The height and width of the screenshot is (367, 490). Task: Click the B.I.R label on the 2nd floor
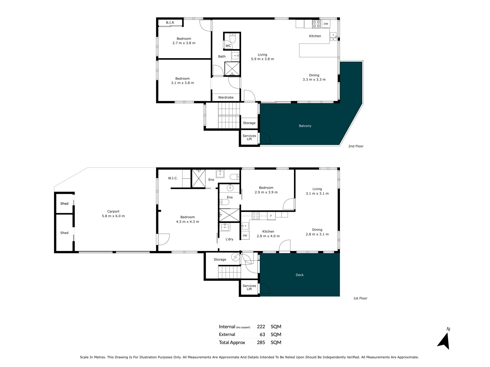click(170, 23)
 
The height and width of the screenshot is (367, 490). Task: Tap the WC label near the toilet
click(228, 46)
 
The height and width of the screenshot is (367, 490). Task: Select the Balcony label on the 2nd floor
click(305, 126)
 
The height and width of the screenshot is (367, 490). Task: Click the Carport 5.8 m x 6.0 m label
click(113, 214)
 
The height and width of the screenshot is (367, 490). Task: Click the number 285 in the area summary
click(261, 343)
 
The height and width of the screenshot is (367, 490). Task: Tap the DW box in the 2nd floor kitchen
click(326, 24)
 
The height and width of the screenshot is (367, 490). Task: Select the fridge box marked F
click(271, 216)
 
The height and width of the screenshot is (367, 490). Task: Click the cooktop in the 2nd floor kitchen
click(316, 24)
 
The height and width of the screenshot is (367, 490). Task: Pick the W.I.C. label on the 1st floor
click(173, 178)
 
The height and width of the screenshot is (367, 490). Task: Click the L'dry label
click(229, 239)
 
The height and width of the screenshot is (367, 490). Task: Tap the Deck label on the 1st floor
click(300, 275)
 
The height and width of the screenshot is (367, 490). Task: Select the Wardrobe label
click(226, 98)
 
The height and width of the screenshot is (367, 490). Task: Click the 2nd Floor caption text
click(356, 146)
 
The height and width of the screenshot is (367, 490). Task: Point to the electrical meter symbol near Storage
click(235, 258)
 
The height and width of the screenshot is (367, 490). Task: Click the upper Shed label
click(64, 204)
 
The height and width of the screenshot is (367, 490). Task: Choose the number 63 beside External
click(262, 335)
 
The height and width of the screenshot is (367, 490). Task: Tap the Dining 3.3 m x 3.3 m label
click(314, 77)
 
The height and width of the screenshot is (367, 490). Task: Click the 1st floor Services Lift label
click(249, 287)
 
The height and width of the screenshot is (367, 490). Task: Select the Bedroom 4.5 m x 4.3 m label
click(188, 219)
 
